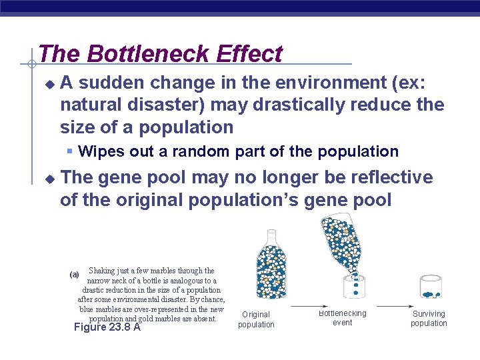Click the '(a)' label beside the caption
point(74,275)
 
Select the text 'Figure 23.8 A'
point(107,327)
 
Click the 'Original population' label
point(256,319)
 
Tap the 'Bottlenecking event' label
point(342,317)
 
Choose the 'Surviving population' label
point(429,319)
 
